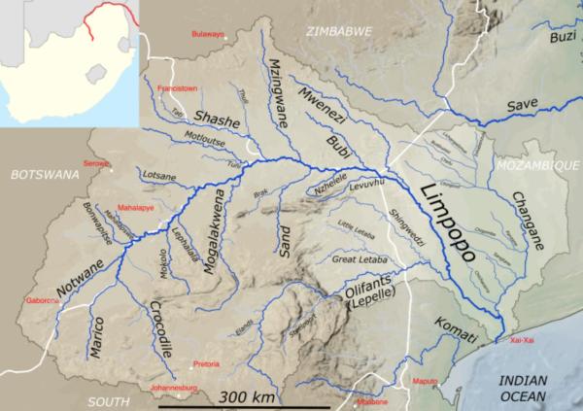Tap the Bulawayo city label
(207, 34)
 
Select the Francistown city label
(178, 88)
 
